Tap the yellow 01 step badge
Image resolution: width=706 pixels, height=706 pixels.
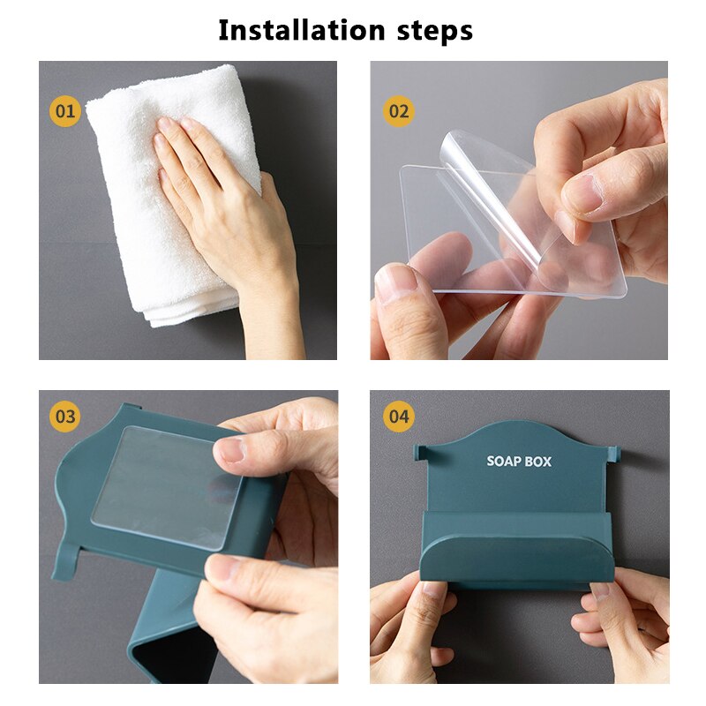click(x=64, y=112)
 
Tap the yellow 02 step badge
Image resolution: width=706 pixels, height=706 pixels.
click(x=398, y=112)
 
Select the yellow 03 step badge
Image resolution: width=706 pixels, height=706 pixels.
click(x=64, y=416)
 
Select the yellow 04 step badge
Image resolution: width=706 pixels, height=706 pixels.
click(x=398, y=416)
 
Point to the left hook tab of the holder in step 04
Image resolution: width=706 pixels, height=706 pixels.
click(x=421, y=454)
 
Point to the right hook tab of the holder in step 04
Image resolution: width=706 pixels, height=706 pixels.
click(x=613, y=454)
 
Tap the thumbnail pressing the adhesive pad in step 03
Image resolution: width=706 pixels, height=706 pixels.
click(x=230, y=450)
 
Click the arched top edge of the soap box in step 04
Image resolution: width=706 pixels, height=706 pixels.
click(x=516, y=430)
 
